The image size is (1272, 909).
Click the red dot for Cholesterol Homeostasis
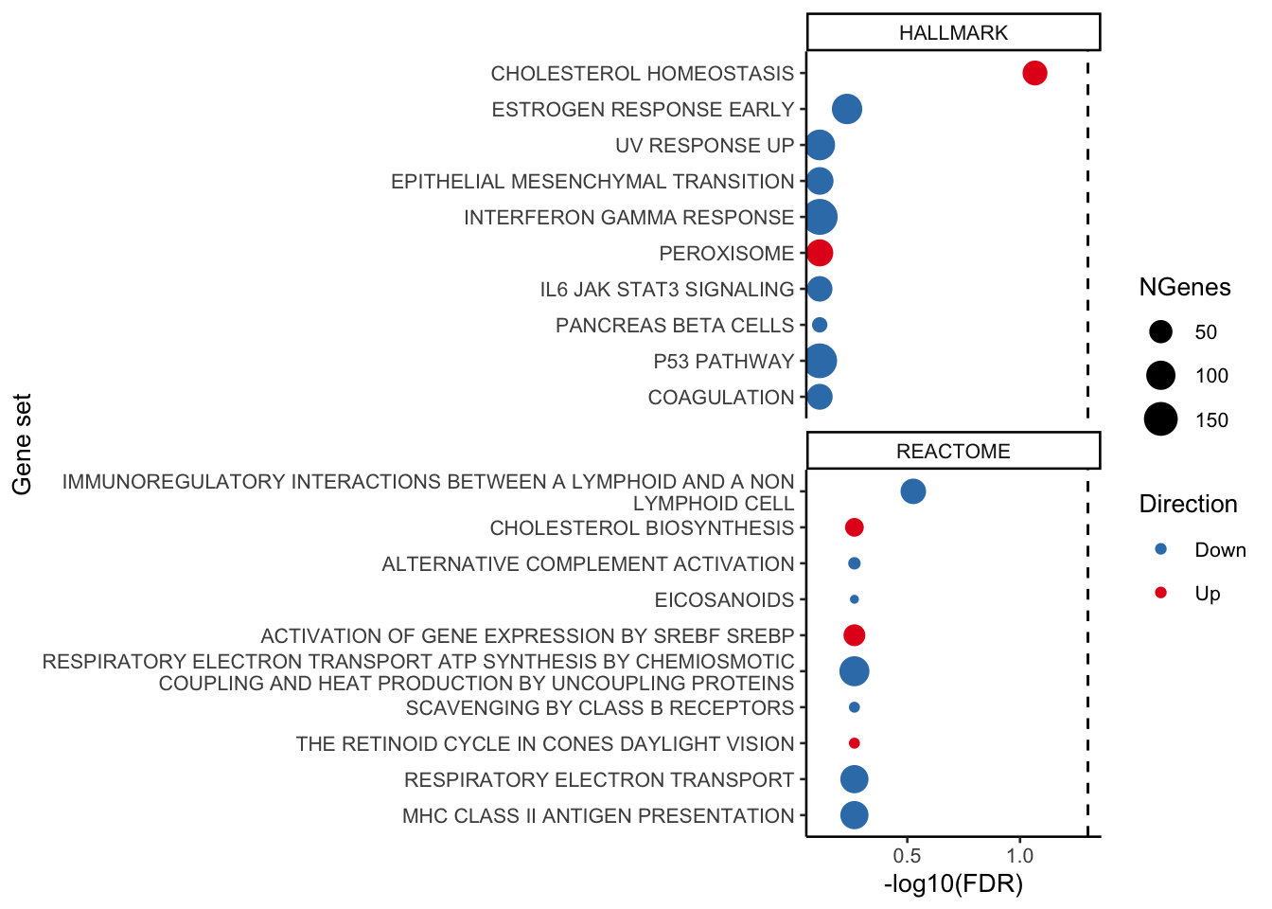point(1034,73)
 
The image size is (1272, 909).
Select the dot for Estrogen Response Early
point(846,109)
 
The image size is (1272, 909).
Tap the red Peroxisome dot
point(820,253)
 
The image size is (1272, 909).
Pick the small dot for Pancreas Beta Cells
point(820,325)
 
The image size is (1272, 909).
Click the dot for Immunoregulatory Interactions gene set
point(912,491)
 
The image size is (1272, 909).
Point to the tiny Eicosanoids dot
point(854,599)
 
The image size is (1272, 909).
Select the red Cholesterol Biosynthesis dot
point(854,527)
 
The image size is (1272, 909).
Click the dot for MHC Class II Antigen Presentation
point(854,815)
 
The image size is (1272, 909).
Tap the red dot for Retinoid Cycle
point(854,743)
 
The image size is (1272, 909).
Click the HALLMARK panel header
point(953,32)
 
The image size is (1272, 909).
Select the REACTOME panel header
point(953,451)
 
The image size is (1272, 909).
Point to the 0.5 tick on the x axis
point(907,856)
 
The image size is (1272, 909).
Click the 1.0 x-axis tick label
point(1019,856)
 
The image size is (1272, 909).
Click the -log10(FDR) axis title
point(953,884)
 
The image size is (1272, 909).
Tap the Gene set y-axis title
point(23,444)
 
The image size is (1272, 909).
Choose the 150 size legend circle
point(1160,419)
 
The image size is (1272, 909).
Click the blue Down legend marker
point(1161,549)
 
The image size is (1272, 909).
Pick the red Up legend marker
point(1161,593)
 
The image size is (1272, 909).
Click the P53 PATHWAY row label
point(723,361)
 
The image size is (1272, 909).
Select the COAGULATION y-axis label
point(720,397)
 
